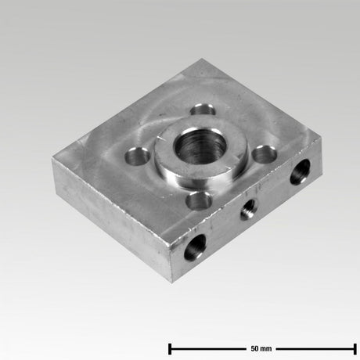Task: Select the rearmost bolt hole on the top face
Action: click(x=205, y=108)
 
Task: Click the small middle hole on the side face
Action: click(x=249, y=208)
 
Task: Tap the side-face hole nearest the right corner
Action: click(x=300, y=171)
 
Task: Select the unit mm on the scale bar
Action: click(x=267, y=347)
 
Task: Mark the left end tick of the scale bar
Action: click(x=170, y=347)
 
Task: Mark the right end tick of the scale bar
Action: click(x=356, y=347)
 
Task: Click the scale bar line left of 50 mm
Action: click(x=207, y=347)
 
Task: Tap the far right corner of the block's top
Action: click(x=321, y=142)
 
